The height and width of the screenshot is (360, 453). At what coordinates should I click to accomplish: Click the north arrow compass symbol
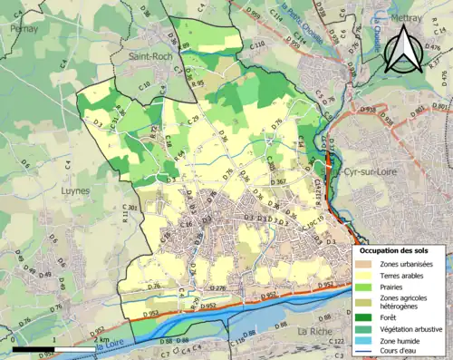coord(404,48)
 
